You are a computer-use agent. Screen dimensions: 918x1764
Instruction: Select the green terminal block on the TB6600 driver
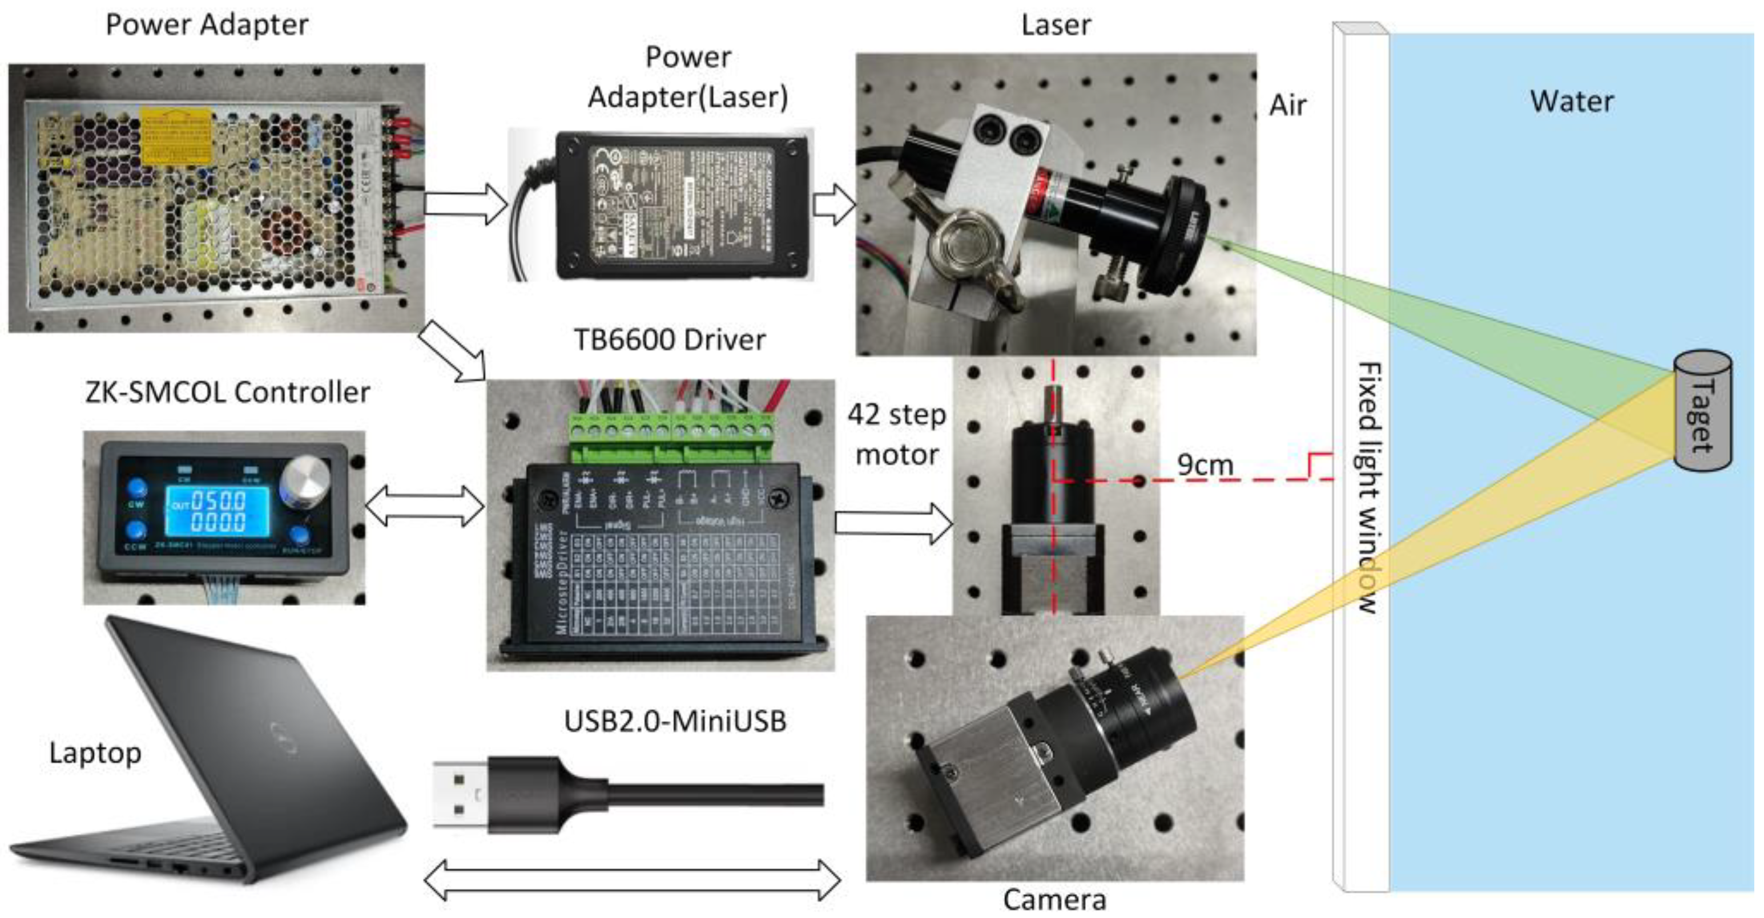click(671, 437)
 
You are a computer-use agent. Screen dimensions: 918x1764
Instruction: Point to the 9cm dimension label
click(1205, 465)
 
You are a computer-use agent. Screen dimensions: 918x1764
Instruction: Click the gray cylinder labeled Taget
click(1702, 411)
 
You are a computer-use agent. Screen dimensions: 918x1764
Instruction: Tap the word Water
click(1571, 102)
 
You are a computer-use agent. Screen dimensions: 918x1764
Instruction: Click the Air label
click(1287, 106)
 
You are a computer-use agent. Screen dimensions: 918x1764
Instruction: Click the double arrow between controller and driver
click(425, 506)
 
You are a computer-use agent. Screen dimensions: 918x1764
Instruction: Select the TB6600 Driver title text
click(669, 340)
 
